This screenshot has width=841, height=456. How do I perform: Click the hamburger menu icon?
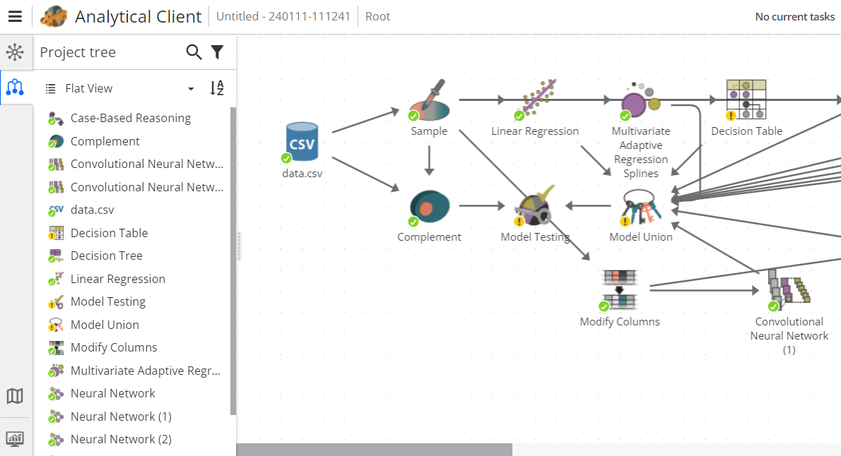(15, 16)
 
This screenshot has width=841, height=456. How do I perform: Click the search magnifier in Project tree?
(194, 52)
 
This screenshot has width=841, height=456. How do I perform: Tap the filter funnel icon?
(217, 52)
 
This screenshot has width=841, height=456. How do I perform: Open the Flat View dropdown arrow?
(191, 89)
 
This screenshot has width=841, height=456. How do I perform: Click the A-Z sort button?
(217, 88)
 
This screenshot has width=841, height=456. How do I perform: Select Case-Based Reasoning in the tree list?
(130, 118)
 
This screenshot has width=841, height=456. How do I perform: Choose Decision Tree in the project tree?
(106, 256)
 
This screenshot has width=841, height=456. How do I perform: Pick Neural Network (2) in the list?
(121, 439)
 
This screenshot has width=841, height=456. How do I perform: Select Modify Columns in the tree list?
(113, 347)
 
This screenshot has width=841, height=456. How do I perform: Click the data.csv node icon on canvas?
(302, 141)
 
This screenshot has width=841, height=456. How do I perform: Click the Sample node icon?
(429, 101)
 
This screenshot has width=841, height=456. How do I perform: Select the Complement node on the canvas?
(429, 208)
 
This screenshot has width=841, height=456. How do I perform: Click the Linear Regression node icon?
(535, 101)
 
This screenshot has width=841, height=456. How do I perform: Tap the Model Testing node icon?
(535, 207)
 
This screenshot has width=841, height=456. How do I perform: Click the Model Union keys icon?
(641, 207)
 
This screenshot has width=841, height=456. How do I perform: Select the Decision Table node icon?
(746, 100)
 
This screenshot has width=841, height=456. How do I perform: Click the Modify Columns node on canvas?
(620, 289)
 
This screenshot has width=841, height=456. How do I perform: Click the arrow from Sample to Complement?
(429, 161)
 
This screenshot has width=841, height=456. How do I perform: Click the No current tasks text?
(794, 16)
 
